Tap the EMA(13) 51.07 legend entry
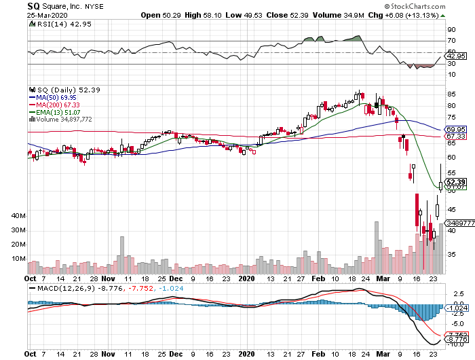click(56, 111)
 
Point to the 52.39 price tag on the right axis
click(455, 182)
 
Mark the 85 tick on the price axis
click(450, 105)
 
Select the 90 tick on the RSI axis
click(450, 30)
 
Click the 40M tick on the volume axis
click(18, 215)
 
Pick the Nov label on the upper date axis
click(109, 278)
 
